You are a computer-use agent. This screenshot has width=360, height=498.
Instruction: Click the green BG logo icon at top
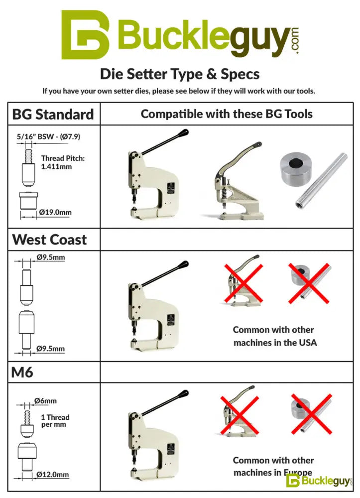[x=85, y=35]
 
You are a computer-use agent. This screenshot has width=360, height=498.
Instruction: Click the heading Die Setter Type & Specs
[x=180, y=74]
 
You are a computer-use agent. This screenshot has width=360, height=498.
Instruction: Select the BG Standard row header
[x=53, y=115]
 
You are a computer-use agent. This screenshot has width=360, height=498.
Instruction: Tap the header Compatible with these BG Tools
[x=227, y=114]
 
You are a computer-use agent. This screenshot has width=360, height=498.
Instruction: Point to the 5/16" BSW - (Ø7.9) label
[x=48, y=136]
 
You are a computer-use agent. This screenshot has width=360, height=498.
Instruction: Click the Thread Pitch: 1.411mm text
[x=63, y=162]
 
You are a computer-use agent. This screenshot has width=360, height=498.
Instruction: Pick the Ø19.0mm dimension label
[x=55, y=212]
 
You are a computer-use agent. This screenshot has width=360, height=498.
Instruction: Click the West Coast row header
[x=49, y=240]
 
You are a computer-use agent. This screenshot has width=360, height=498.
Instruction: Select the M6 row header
[x=22, y=372]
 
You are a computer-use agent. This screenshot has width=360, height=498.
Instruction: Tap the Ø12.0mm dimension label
[x=52, y=475]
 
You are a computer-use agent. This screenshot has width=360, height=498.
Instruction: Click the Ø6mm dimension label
[x=45, y=401]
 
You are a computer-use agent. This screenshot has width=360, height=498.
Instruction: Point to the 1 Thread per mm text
[x=55, y=421]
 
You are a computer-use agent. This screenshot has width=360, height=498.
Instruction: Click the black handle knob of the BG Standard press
[x=184, y=132]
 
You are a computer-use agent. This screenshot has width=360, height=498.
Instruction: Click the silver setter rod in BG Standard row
[x=321, y=180]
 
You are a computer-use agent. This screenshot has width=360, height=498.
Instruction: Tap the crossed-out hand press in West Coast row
[x=243, y=281]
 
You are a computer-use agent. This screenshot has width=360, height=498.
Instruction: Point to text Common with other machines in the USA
[x=275, y=336]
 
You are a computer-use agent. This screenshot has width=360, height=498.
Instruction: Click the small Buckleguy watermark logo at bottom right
[x=319, y=481]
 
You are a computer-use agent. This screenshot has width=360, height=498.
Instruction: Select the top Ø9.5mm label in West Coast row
[x=50, y=257]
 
